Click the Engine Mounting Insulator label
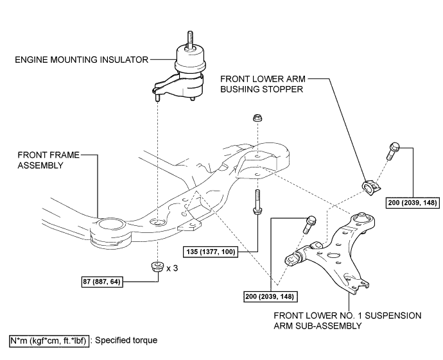tap(82, 60)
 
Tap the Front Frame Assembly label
tap(48, 160)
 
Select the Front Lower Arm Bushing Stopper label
tap(263, 84)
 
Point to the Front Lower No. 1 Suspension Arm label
tap(347, 320)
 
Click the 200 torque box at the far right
tap(413, 203)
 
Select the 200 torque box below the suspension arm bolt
tap(270, 296)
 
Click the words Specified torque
tap(126, 341)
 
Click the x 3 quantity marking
tap(172, 268)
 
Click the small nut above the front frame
tap(257, 117)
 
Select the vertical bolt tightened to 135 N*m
tap(257, 202)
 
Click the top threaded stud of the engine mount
tap(190, 40)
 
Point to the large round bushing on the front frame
tap(110, 232)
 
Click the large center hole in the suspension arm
tap(333, 256)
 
